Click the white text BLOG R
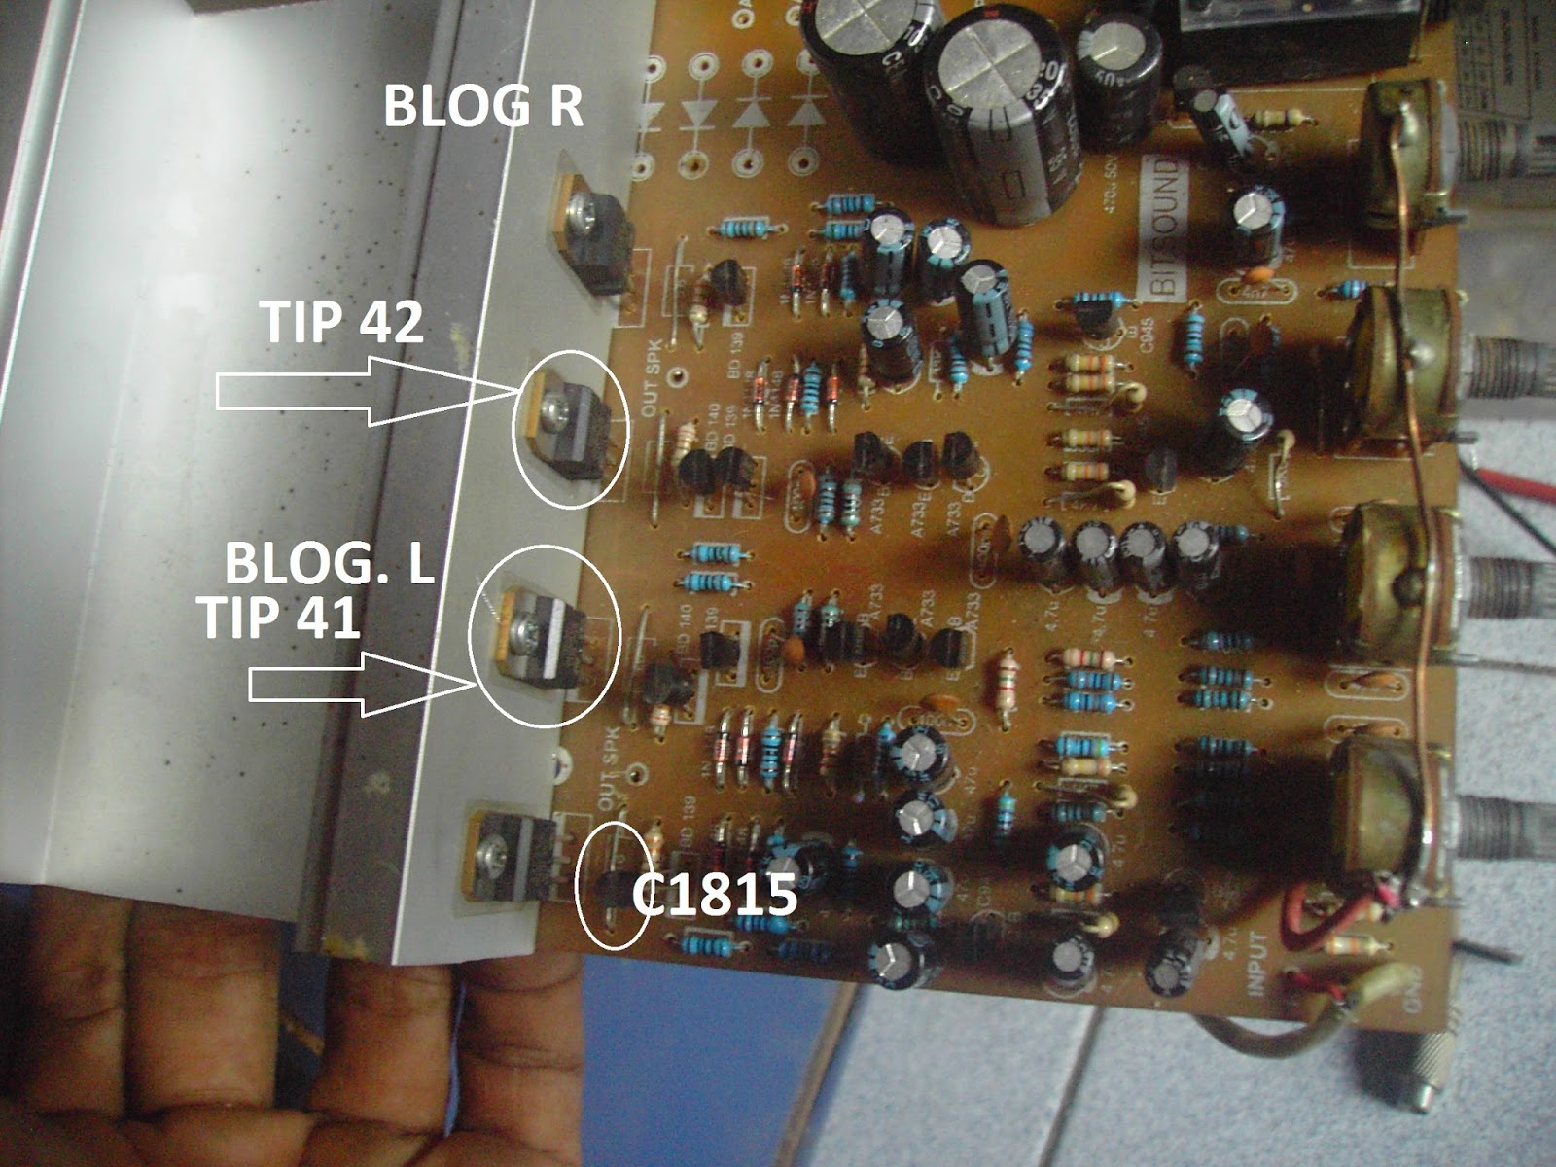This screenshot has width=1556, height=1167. click(483, 107)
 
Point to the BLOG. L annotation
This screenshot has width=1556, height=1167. click(330, 563)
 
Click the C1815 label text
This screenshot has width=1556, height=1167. click(715, 896)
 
